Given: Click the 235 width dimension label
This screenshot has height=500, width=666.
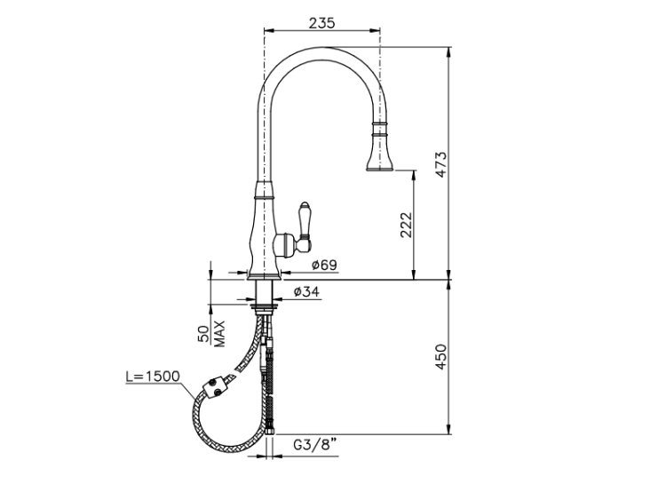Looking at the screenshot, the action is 321,22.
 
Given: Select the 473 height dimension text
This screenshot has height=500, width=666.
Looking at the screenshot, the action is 441,164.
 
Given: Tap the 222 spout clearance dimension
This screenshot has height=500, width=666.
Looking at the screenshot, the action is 407,225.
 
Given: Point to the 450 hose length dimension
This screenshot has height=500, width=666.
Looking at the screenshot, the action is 441,357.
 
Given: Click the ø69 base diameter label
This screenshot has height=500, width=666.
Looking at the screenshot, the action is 324,265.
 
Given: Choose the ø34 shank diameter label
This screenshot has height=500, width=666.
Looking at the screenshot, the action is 306,291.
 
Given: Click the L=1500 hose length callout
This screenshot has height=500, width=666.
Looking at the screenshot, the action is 153,376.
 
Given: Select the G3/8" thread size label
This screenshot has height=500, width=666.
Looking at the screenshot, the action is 314,445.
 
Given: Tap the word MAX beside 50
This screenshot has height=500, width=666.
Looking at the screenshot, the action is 219,333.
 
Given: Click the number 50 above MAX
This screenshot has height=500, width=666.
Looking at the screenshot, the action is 204,334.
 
